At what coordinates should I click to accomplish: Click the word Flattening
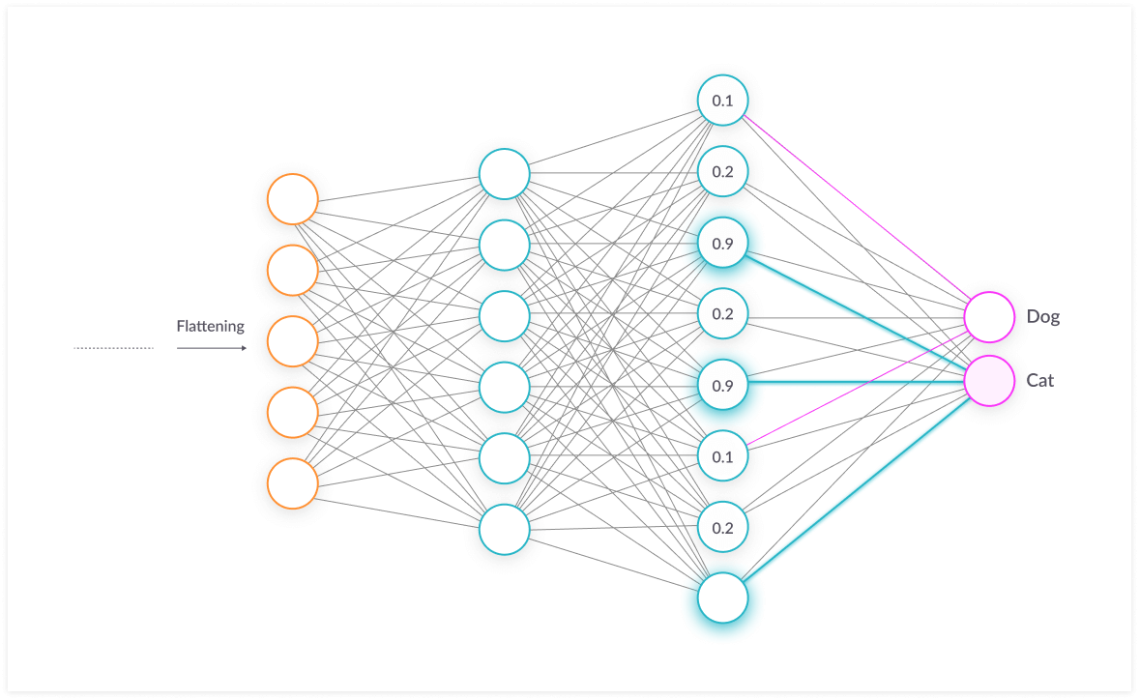coord(210,326)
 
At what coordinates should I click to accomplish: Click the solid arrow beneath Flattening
coord(211,348)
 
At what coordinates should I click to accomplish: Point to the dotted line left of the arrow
coord(113,348)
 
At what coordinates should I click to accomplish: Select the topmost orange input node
coord(293,199)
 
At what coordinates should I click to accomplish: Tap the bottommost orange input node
coord(293,483)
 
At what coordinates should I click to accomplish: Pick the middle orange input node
coord(293,341)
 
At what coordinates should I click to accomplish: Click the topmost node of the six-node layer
coord(505,174)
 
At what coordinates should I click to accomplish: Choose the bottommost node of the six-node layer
coord(505,529)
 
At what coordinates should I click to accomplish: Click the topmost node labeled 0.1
coord(723,101)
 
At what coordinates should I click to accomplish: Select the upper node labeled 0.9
coord(723,244)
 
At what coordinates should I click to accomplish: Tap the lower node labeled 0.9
coord(723,386)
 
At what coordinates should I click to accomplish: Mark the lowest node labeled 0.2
coord(723,528)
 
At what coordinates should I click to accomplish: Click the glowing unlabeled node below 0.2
coord(723,598)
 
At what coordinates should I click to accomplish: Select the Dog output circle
coord(989,316)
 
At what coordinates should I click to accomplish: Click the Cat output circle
coord(989,380)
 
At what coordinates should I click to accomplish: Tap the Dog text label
coord(1043,316)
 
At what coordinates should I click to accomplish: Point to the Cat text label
coord(1040,380)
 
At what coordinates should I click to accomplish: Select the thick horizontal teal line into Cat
coord(856,383)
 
